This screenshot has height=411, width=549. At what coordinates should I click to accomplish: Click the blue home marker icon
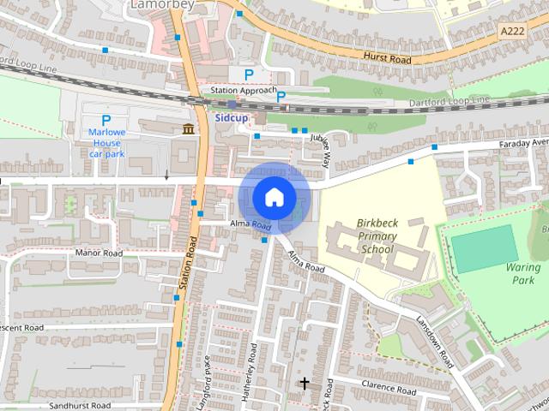pyautogui.click(x=273, y=197)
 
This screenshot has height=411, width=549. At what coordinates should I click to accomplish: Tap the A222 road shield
pyautogui.click(x=511, y=30)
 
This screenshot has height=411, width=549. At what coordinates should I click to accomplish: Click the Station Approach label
pyautogui.click(x=244, y=90)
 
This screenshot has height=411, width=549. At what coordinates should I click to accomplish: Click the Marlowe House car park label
pyautogui.click(x=107, y=143)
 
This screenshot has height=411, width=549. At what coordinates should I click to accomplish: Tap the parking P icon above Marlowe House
pyautogui.click(x=106, y=121)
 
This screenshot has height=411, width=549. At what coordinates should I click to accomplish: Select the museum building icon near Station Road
pyautogui.click(x=187, y=129)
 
